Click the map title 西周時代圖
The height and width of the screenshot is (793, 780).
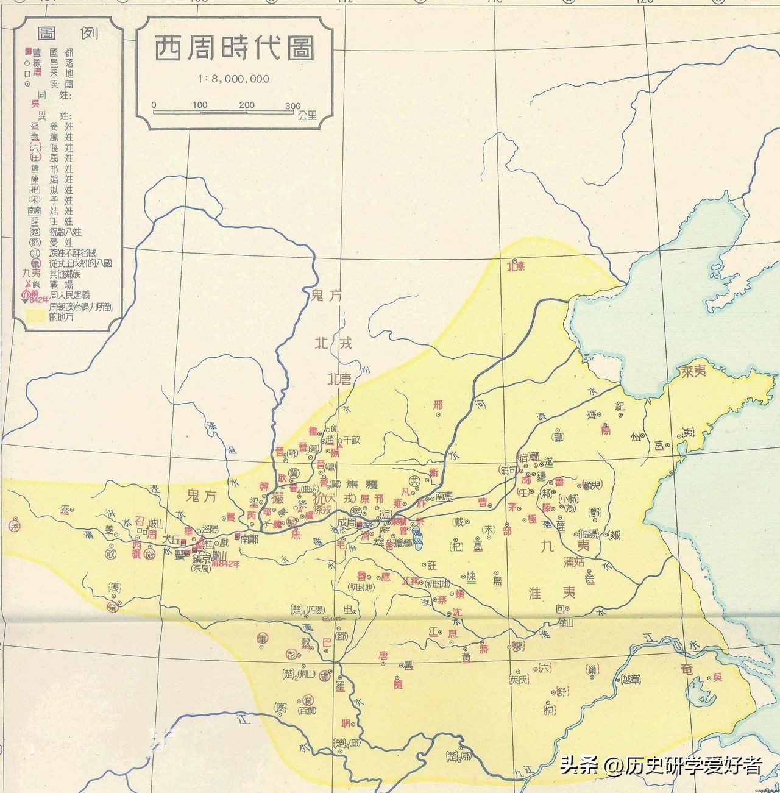[233, 48]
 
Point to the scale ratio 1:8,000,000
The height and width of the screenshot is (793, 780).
[233, 79]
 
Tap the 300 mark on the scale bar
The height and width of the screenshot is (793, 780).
[293, 105]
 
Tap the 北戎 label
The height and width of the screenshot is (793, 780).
[333, 344]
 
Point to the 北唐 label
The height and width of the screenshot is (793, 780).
[339, 379]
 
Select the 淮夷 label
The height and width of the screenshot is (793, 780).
[551, 592]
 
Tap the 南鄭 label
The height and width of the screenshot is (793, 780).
[249, 538]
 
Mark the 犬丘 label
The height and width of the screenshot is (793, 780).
[172, 539]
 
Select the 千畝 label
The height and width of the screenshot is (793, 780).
[352, 439]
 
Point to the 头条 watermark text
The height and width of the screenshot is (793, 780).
[578, 764]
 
